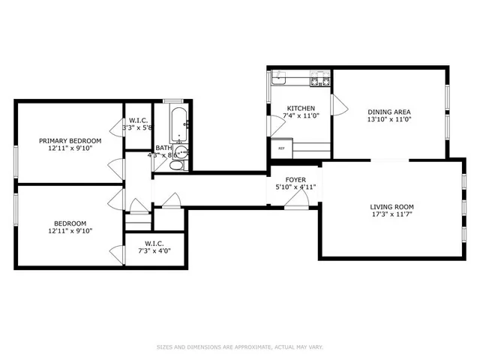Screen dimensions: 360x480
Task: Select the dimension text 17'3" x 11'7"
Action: click(392, 215)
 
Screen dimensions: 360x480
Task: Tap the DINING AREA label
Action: click(388, 112)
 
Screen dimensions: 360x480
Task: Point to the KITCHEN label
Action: click(280, 109)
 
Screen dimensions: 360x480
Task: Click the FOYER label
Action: click(295, 179)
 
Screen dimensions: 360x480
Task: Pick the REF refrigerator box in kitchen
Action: click(281, 148)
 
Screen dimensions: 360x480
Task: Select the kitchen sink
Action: click(279, 76)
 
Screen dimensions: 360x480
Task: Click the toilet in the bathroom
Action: click(176, 164)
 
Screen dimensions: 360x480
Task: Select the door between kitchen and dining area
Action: click(337, 105)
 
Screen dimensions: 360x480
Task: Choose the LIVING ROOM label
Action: click(392, 207)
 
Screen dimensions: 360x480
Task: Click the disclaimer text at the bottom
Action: click(239, 346)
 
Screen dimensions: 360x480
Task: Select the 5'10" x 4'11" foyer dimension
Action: click(295, 187)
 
